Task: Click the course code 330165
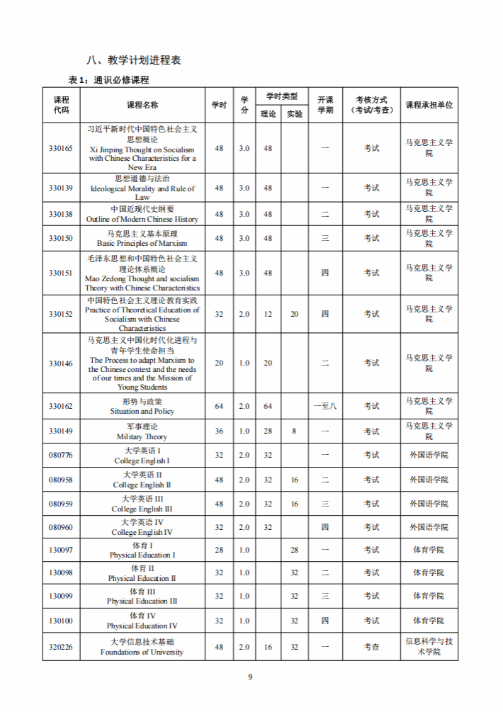point(60,148)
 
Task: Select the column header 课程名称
point(142,105)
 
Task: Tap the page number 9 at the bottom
point(250,677)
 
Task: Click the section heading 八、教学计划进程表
point(132,60)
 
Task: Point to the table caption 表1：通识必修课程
point(108,80)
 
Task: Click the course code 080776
point(60,455)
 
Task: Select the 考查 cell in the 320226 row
point(372,647)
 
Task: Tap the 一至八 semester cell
point(325,406)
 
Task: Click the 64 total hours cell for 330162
point(219,406)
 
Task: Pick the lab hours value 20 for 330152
point(294,314)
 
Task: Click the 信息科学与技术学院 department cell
point(429,647)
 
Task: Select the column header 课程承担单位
point(429,105)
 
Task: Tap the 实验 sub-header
point(294,113)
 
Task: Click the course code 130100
point(60,621)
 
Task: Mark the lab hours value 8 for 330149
point(294,431)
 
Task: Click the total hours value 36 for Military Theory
point(219,431)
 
